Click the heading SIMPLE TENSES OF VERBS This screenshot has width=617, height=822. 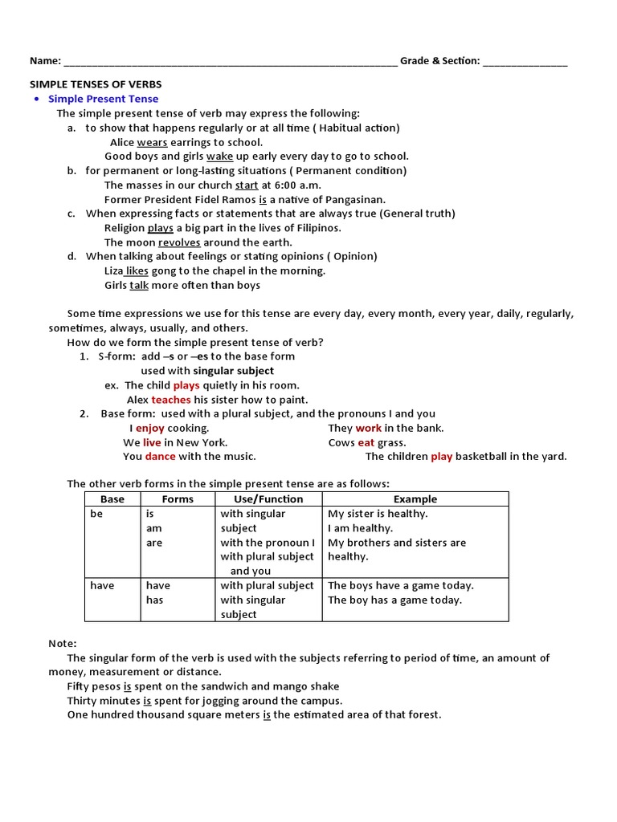point(96,84)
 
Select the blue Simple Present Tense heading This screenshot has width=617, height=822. point(103,99)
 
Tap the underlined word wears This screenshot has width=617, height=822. point(152,142)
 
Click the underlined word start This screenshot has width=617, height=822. point(247,185)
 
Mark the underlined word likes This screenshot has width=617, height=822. point(137,271)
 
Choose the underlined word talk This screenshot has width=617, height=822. point(139,285)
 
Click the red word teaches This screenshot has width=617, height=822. point(171,400)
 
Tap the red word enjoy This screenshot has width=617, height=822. point(149,428)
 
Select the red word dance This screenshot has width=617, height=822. point(160,456)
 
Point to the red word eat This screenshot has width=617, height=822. point(366,442)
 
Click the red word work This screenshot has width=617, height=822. point(369,428)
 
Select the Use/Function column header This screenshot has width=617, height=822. point(268,499)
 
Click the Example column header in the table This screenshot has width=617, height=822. point(415,499)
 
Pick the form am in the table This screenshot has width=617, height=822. point(153,528)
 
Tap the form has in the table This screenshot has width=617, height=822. point(154,600)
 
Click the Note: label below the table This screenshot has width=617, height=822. point(63,643)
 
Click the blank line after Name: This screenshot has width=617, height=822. point(230,62)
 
